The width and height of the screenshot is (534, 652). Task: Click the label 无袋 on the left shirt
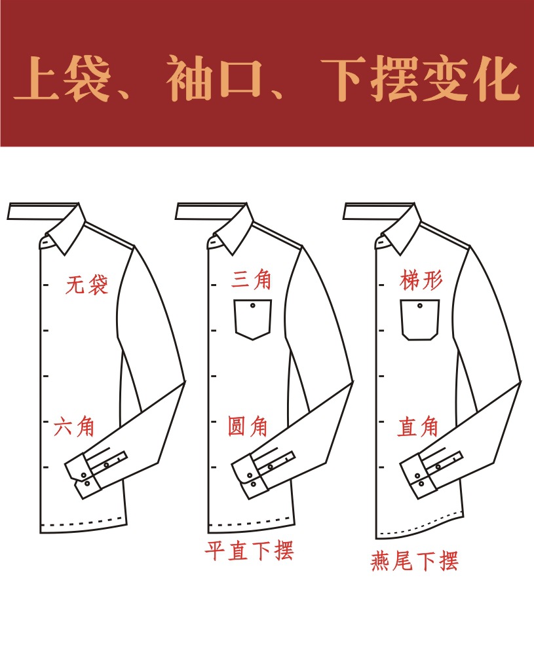point(87,285)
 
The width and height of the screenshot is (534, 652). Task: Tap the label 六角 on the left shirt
point(74,426)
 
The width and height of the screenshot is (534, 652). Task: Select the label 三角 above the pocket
point(251,279)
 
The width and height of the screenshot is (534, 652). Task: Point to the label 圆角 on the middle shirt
point(247,426)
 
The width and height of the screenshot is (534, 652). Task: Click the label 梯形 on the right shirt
point(421,280)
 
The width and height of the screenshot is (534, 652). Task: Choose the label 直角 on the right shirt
point(417,427)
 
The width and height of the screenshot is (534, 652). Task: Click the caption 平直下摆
point(250,551)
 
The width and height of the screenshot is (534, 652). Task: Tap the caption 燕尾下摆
point(415,560)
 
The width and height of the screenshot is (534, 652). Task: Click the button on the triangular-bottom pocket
point(253,306)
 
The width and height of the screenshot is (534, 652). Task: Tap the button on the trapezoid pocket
point(420,306)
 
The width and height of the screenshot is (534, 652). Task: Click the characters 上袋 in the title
point(62,79)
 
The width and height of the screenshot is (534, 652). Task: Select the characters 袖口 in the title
point(215,79)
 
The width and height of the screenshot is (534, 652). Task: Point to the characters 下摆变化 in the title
point(421,79)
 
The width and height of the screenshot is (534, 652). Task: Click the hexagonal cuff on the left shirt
point(83,477)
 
